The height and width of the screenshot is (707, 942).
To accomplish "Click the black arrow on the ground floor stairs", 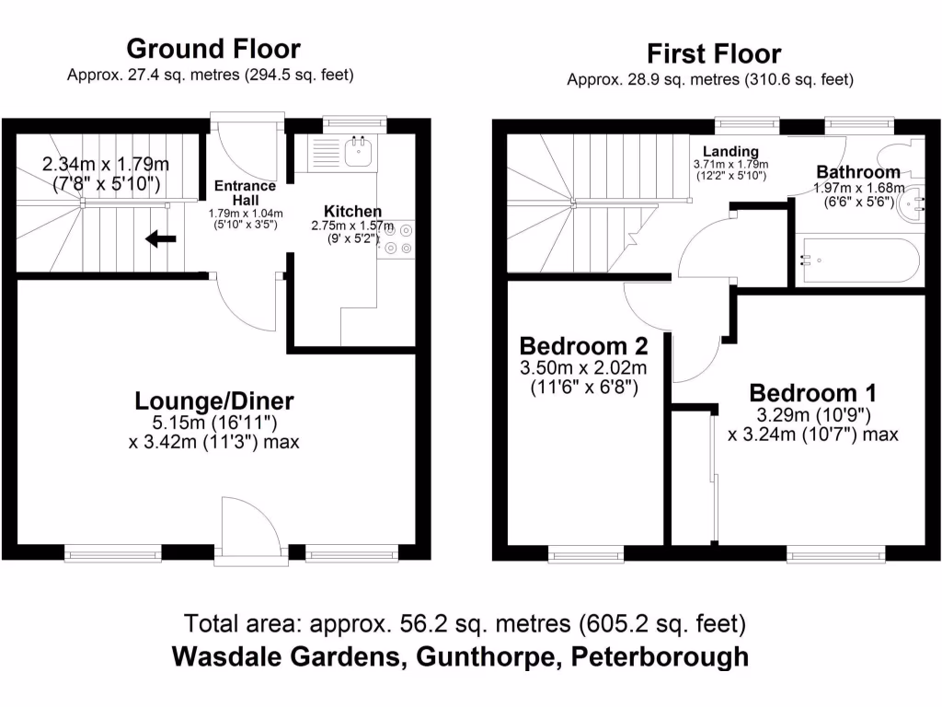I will point(162,240).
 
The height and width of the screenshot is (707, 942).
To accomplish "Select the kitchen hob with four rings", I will point(398,238).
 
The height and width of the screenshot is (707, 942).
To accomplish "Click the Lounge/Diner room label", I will point(214,400).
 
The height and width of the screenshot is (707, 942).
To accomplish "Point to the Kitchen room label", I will point(351,212).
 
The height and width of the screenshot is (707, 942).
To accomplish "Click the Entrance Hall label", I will point(245,192).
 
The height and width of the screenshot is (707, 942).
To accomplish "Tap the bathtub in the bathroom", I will point(856,261).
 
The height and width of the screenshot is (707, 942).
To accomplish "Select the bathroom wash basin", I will point(917,204).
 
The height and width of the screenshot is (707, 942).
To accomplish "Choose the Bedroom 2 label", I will point(583,346).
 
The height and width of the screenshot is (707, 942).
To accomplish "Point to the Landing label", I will point(730,151).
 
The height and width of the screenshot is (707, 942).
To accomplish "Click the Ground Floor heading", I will point(213,48).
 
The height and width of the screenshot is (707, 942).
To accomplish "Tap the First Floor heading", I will point(713,53).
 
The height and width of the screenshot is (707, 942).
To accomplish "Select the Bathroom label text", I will point(857,172).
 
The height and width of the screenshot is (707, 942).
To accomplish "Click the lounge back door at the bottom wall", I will point(250,529).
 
